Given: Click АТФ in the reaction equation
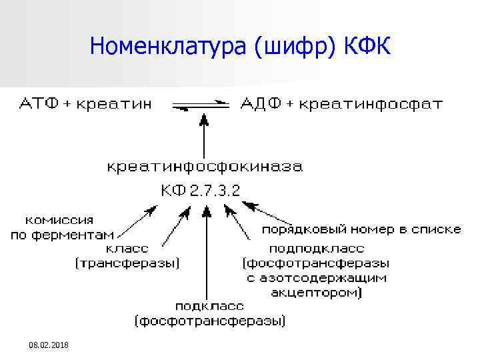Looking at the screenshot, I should tap(39, 104).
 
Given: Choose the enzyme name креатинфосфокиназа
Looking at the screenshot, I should tap(205, 166).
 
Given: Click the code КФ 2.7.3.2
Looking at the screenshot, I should tap(200, 191).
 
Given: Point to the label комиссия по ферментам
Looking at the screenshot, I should tap(61, 227).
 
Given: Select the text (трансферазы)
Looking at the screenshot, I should tap(127, 263).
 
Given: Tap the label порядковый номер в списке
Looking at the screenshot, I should tap(360, 229).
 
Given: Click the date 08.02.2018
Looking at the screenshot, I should tap(49, 345).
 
